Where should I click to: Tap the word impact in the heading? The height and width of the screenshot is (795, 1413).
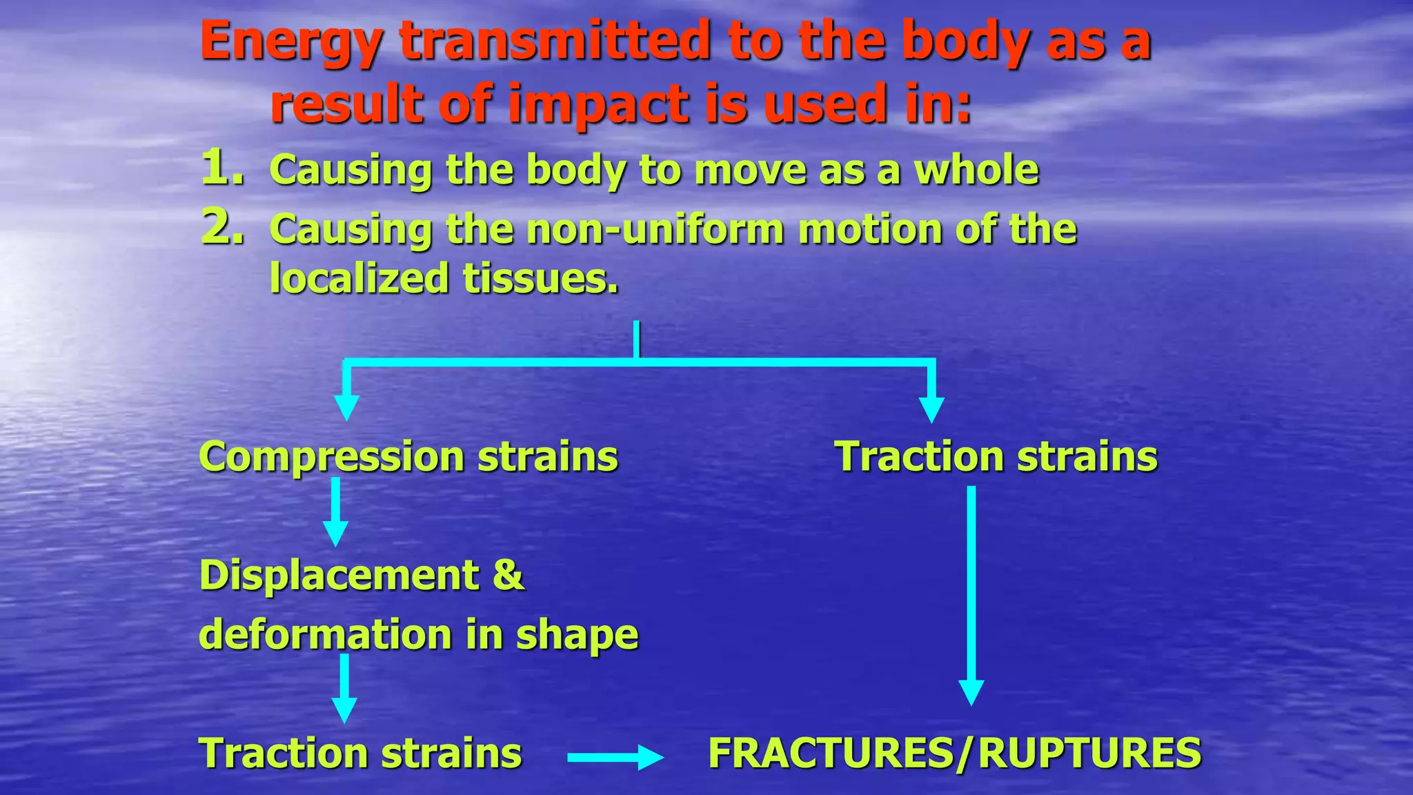pyautogui.click(x=599, y=105)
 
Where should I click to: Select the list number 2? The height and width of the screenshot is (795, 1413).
pyautogui.click(x=222, y=227)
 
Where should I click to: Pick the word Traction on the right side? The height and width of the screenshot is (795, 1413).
pyautogui.click(x=918, y=457)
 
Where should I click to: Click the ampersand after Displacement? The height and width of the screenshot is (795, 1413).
pyautogui.click(x=508, y=575)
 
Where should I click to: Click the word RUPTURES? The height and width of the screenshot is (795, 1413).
pyautogui.click(x=1089, y=753)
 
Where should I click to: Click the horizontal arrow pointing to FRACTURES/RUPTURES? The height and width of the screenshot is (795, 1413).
pyautogui.click(x=614, y=757)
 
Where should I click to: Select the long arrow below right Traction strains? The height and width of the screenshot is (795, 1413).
pyautogui.click(x=971, y=593)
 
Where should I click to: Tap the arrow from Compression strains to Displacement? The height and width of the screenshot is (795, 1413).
pyautogui.click(x=335, y=512)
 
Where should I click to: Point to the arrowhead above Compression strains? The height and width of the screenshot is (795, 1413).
pyautogui.click(x=346, y=407)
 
